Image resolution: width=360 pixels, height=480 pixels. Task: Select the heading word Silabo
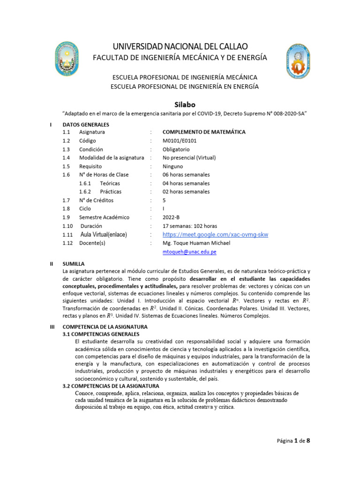(180, 104)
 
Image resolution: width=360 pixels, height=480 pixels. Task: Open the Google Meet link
(215, 234)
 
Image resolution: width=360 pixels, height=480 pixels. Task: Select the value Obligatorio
(177, 149)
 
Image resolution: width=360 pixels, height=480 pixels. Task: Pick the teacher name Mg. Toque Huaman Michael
(196, 243)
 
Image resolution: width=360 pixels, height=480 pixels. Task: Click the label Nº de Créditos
(96, 200)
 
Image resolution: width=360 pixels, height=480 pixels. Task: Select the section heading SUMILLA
(74, 264)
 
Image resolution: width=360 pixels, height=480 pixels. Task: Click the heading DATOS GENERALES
(85, 125)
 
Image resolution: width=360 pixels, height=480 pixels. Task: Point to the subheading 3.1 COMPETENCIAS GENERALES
(101, 334)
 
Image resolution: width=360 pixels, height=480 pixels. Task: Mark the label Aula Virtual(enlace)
(104, 234)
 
